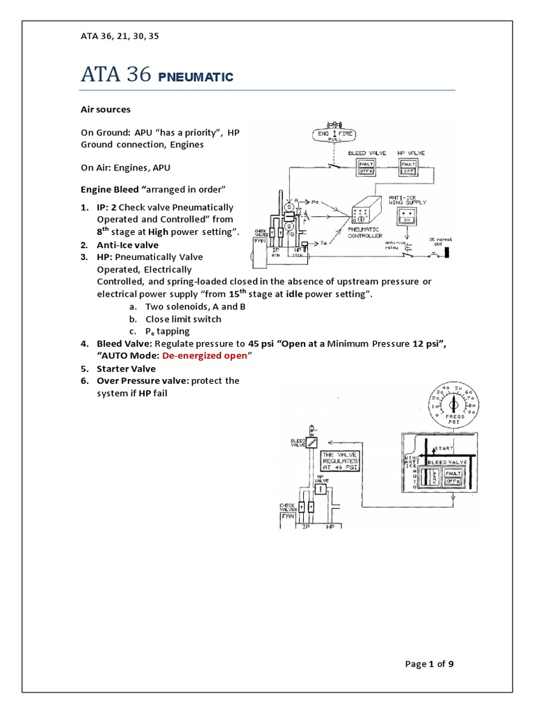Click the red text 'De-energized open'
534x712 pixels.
tap(204, 355)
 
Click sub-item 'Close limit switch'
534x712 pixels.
tap(183, 318)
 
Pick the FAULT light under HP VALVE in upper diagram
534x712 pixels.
tap(408, 163)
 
